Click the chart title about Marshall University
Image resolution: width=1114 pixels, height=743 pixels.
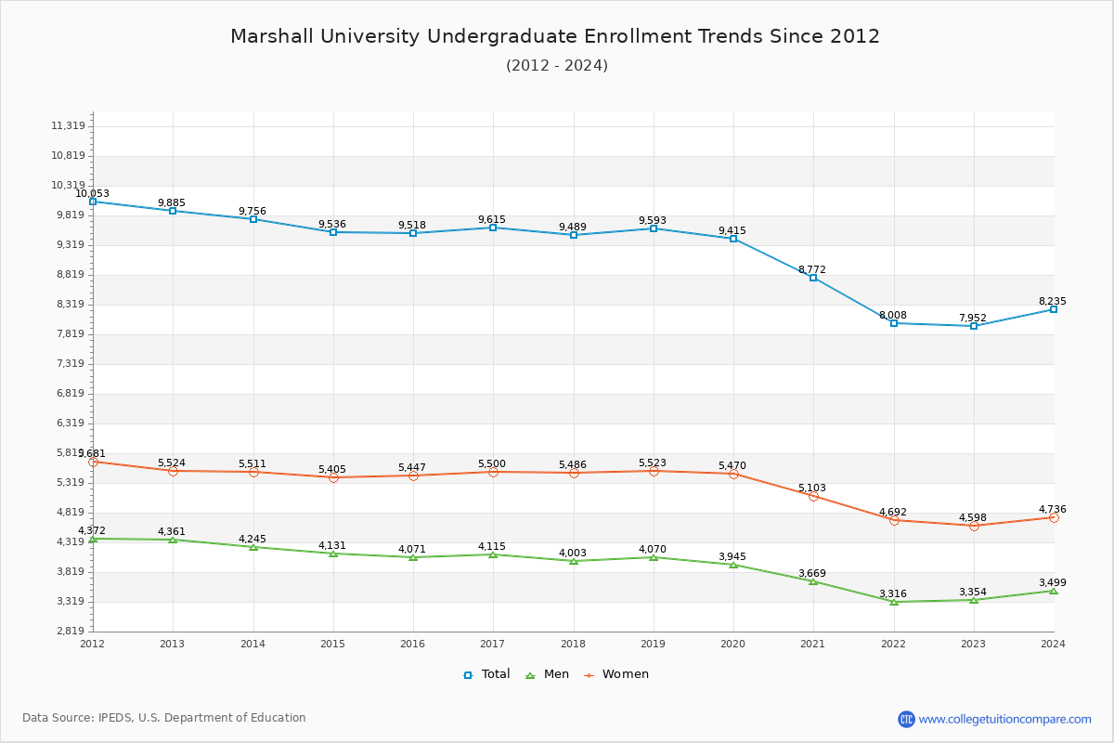click(x=555, y=36)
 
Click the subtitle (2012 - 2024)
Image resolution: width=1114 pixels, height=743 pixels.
click(x=557, y=65)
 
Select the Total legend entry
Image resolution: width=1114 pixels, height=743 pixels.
click(x=486, y=674)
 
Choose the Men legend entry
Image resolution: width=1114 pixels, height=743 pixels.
click(x=548, y=674)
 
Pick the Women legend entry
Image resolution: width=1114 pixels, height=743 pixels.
click(x=616, y=674)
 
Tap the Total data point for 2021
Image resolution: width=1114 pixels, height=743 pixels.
click(x=813, y=278)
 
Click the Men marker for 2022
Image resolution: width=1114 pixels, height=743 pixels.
click(x=894, y=602)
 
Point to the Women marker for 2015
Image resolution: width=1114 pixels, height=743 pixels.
click(x=333, y=477)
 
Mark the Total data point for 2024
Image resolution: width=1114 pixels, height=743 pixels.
click(x=1054, y=309)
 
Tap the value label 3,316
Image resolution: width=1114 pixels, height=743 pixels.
click(x=893, y=593)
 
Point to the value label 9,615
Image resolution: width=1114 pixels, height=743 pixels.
click(x=492, y=219)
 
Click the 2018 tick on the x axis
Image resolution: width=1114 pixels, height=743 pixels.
click(x=573, y=643)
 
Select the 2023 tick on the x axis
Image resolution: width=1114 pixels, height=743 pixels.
click(x=973, y=643)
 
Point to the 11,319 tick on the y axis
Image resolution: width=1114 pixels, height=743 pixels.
click(x=68, y=126)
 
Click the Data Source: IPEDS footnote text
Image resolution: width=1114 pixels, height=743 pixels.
click(x=164, y=718)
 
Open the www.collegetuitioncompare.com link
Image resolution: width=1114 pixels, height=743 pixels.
click(x=1004, y=719)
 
